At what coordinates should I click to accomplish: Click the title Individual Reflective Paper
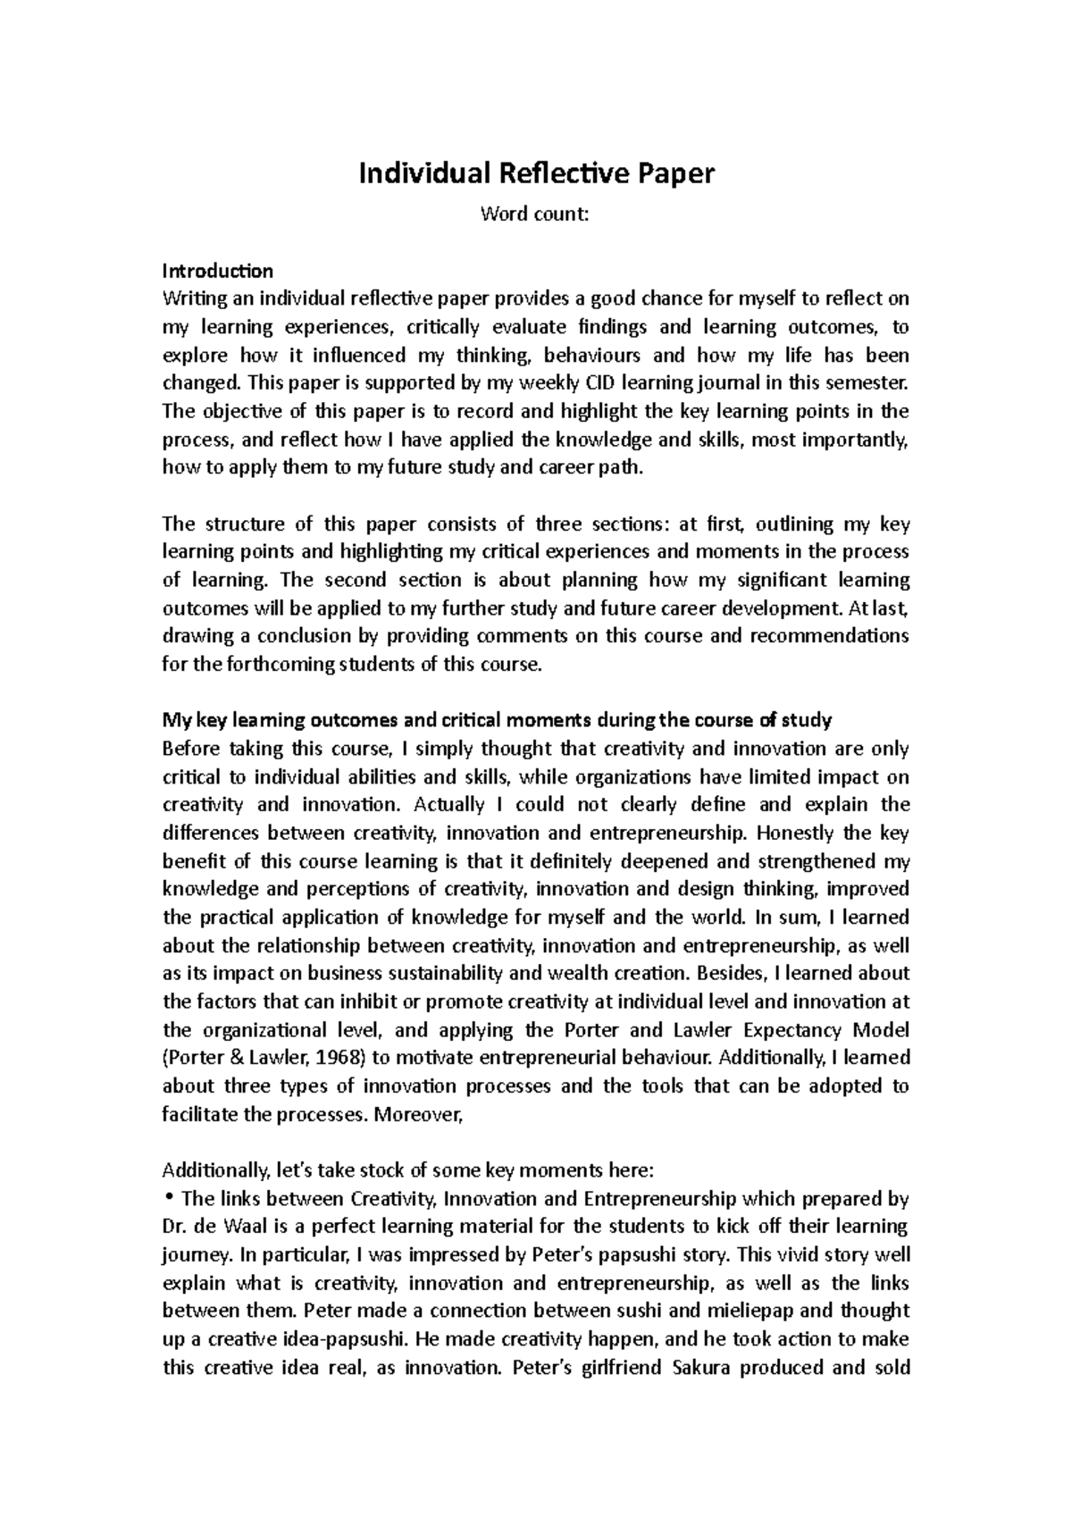tap(536, 172)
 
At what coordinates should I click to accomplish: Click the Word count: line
tap(536, 214)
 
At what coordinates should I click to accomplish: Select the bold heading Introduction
tap(217, 270)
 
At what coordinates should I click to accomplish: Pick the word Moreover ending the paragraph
tap(419, 1114)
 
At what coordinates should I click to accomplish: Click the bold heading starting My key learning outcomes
tap(496, 720)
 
